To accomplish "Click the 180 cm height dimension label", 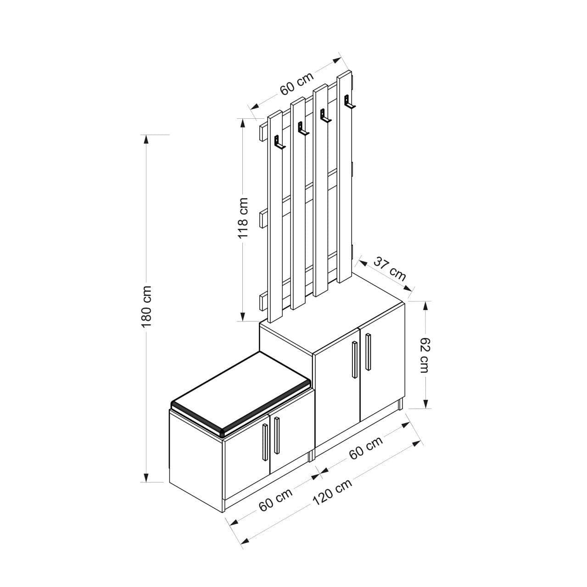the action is pyautogui.click(x=147, y=306).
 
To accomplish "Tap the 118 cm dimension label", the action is pyautogui.click(x=243, y=218).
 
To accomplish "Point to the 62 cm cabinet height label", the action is pyautogui.click(x=425, y=355).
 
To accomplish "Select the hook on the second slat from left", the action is pyautogui.click(x=303, y=128).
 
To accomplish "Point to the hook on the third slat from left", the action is pyautogui.click(x=325, y=116).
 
